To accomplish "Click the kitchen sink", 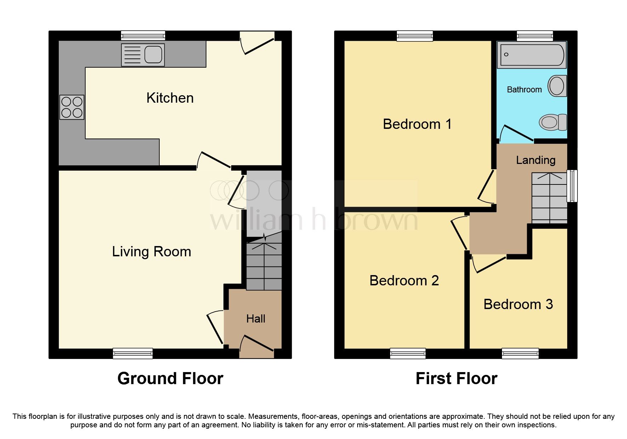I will click(x=143, y=55).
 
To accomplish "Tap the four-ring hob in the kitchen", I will click(x=72, y=107).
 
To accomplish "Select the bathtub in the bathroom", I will click(x=531, y=55).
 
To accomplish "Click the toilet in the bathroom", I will click(x=553, y=122).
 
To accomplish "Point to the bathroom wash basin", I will click(x=557, y=86).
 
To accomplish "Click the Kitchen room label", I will click(x=170, y=98).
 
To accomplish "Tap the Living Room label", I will click(x=152, y=252).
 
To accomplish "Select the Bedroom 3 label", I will click(x=518, y=304).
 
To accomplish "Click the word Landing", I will click(x=535, y=160).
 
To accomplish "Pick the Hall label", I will click(x=256, y=319).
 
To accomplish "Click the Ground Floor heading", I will click(x=170, y=378).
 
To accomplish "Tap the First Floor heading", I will click(x=456, y=378).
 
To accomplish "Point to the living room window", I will click(x=133, y=353).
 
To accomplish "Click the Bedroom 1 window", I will click(x=415, y=36).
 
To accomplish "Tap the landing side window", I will click(x=572, y=186).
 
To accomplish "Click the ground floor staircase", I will click(x=264, y=266).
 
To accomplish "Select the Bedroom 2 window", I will click(x=407, y=353).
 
